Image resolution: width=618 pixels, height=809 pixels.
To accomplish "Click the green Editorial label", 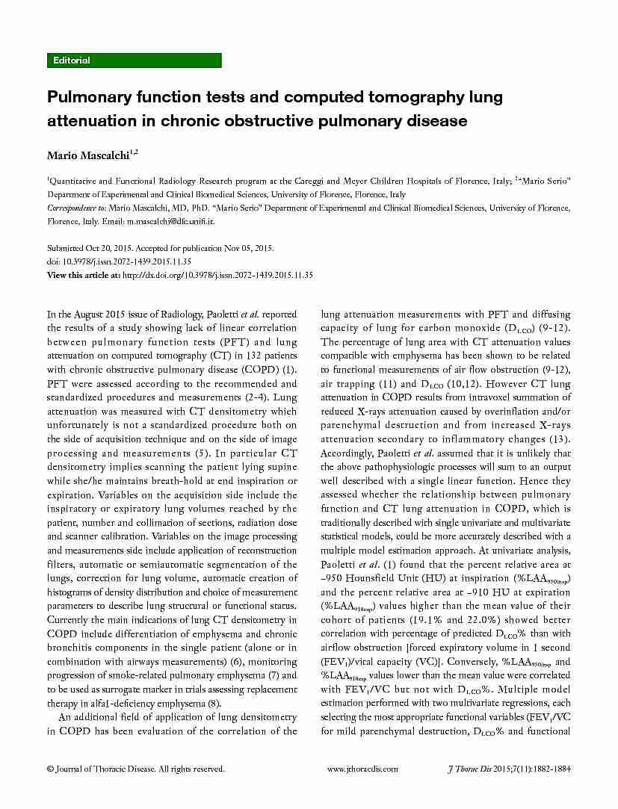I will (x=72, y=61).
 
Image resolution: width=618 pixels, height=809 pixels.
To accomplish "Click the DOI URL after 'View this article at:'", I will (x=217, y=275).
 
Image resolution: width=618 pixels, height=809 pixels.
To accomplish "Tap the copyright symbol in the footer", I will (x=50, y=769).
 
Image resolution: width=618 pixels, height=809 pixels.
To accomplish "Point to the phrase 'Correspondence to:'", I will (x=76, y=208).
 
